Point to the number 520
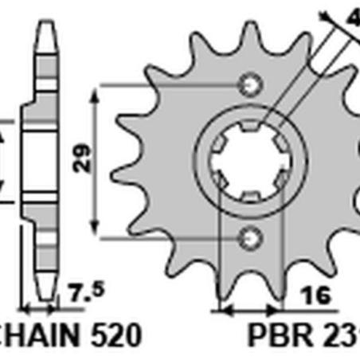(x=98, y=332)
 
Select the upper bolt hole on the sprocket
(x=252, y=83)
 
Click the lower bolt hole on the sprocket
(x=252, y=235)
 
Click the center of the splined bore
(x=252, y=158)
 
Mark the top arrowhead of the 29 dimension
(x=96, y=91)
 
